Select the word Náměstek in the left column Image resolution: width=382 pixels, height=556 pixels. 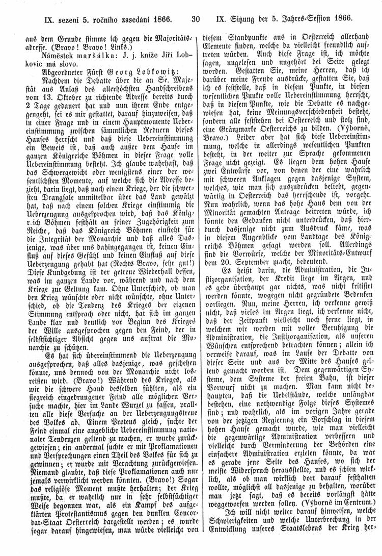coord(43,57)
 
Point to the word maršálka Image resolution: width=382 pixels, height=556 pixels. coord(79,57)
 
